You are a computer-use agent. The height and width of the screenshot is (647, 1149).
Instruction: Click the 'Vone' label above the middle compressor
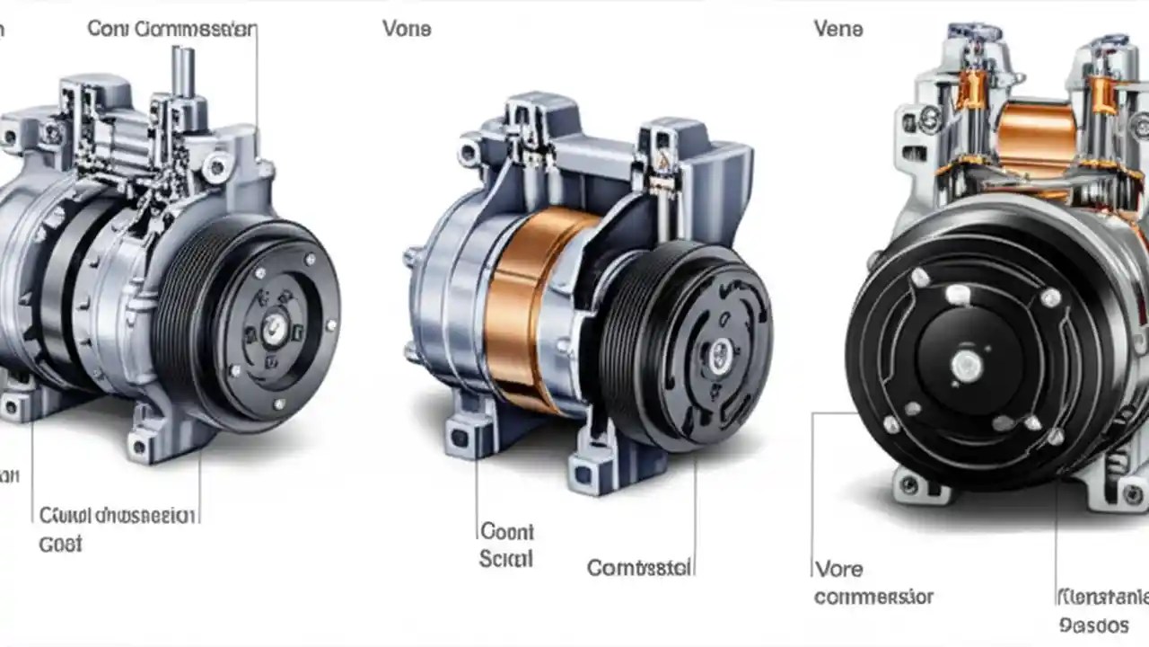pyautogui.click(x=407, y=29)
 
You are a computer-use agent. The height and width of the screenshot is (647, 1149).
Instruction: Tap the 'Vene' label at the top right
pyautogui.click(x=838, y=29)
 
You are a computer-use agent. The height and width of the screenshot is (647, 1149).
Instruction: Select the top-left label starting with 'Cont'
pyautogui.click(x=171, y=29)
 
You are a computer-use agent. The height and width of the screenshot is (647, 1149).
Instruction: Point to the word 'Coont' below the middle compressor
pyautogui.click(x=507, y=531)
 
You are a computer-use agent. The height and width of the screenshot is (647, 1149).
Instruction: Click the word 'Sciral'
pyautogui.click(x=505, y=559)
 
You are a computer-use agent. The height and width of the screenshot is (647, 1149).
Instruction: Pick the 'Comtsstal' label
pyautogui.click(x=639, y=568)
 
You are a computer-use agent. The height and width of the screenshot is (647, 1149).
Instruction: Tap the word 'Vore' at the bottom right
pyautogui.click(x=838, y=569)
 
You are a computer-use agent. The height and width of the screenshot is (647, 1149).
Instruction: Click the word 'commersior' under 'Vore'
pyautogui.click(x=873, y=597)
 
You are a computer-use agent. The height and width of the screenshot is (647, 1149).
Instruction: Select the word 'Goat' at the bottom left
pyautogui.click(x=60, y=544)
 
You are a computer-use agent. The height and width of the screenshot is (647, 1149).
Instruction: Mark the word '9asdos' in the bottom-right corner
pyautogui.click(x=1093, y=625)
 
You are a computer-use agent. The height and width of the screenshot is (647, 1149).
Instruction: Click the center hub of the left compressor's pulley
pyautogui.click(x=275, y=327)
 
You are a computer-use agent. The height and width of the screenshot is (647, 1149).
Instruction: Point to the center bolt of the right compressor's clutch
pyautogui.click(x=966, y=364)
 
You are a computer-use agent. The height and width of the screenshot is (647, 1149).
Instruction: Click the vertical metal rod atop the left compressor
pyautogui.click(x=184, y=72)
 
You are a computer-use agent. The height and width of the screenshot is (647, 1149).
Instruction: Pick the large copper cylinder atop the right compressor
pyautogui.click(x=1037, y=139)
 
